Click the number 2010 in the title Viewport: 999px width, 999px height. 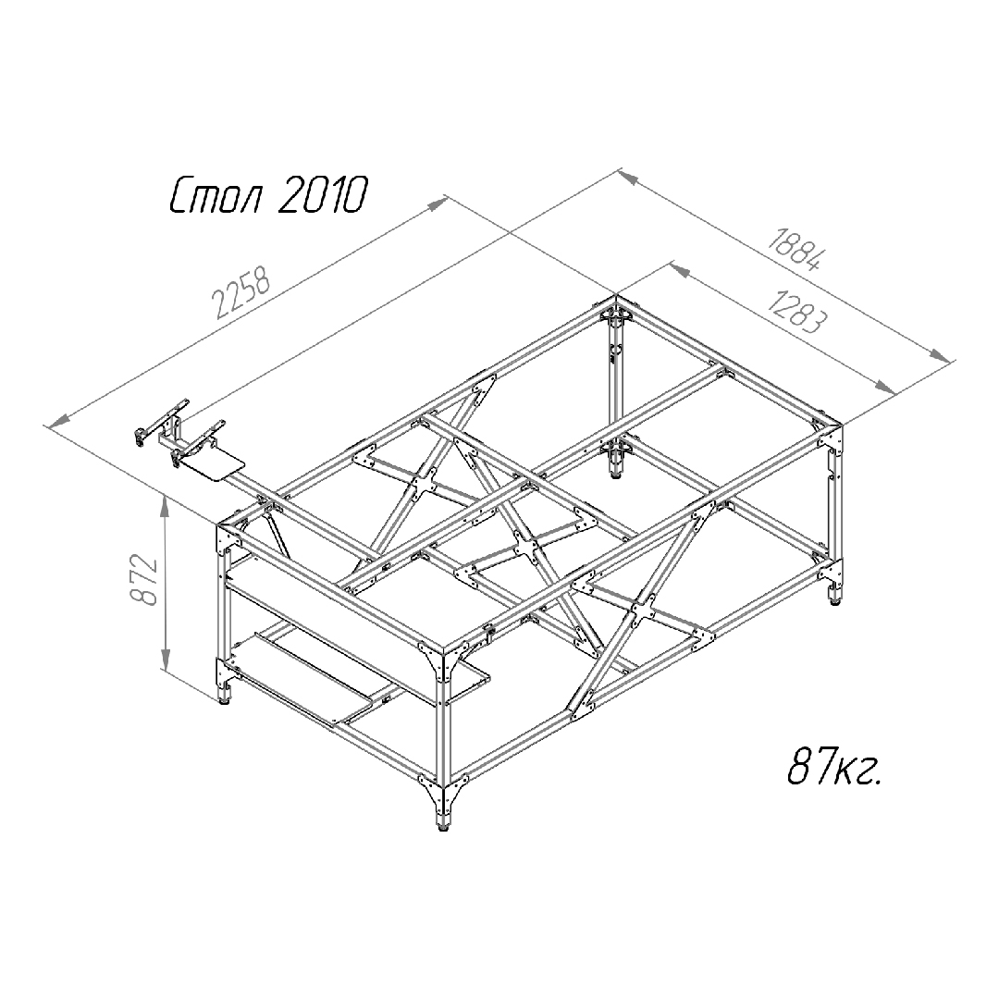coord(323,194)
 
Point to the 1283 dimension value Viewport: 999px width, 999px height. coord(797,312)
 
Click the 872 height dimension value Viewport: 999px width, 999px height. coord(144,580)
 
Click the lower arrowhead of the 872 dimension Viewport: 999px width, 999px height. coord(166,660)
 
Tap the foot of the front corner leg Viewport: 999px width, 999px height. coord(442,828)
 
